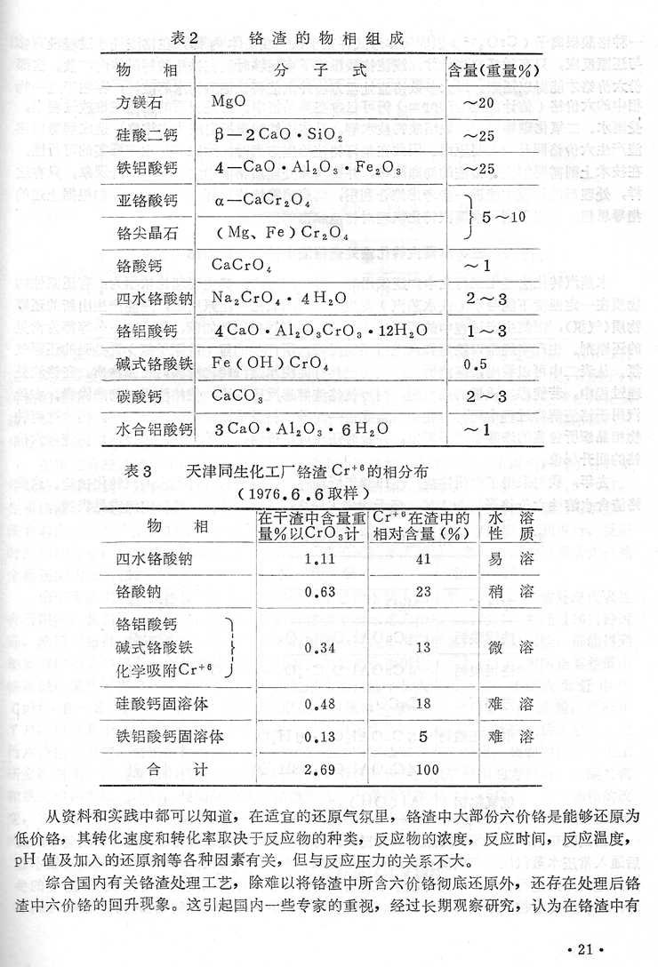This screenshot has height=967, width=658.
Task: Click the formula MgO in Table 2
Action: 229,102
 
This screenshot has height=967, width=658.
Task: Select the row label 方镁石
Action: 147,102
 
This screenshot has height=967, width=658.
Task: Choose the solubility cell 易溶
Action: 511,560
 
